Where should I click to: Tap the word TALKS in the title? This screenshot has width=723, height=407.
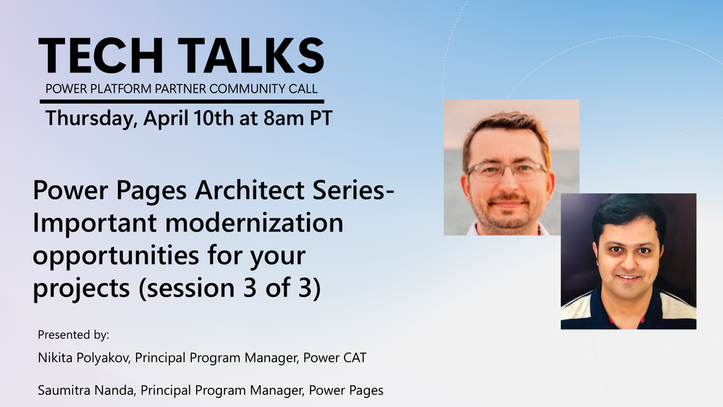[251, 56]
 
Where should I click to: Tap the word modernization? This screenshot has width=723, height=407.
[254, 222]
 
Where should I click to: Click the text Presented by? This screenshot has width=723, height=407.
[73, 335]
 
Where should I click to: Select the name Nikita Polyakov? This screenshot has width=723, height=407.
[83, 358]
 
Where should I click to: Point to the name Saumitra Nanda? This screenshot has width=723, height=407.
[86, 390]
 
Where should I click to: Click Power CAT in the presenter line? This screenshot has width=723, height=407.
[335, 358]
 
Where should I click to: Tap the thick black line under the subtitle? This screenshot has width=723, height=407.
[182, 101]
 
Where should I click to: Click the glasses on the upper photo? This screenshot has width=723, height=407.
[507, 172]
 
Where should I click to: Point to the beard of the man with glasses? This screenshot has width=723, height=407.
[507, 211]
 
